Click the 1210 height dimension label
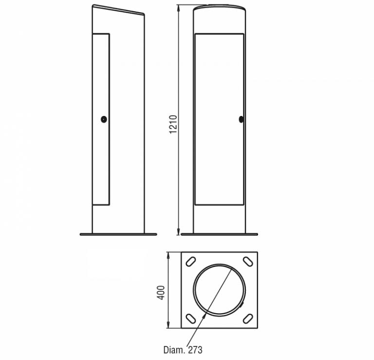click(x=173, y=124)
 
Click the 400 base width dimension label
click(x=161, y=292)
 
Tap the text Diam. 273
click(x=183, y=350)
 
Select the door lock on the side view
click(x=104, y=119)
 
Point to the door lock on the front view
click(x=241, y=119)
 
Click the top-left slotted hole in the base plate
click(x=191, y=261)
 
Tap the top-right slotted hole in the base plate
click(x=248, y=261)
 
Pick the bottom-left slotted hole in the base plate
click(x=191, y=319)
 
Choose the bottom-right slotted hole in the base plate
click(x=248, y=319)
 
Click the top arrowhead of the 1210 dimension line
click(x=178, y=8)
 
